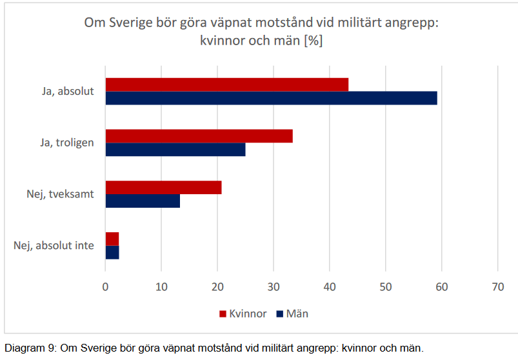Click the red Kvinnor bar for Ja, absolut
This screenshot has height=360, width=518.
(x=226, y=85)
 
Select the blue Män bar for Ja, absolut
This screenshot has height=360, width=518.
(x=271, y=98)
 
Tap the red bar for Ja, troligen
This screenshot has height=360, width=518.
(x=199, y=136)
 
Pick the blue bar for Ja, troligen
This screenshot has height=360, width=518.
(x=175, y=150)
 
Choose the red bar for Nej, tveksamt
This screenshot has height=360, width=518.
(x=163, y=188)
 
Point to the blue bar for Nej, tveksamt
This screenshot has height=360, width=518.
(x=143, y=201)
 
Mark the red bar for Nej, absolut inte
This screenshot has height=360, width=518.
(x=112, y=239)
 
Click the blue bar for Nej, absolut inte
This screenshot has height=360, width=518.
(x=112, y=252)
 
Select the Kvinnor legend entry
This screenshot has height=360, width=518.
(x=243, y=314)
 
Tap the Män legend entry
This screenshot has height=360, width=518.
(x=292, y=314)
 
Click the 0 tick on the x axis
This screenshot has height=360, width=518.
(x=106, y=287)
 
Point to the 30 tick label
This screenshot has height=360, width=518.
(x=274, y=287)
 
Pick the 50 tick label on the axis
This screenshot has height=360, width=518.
(x=385, y=287)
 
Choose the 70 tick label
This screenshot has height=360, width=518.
(x=497, y=287)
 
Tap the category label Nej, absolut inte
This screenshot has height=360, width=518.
(x=54, y=246)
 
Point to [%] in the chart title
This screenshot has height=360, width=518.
(x=314, y=40)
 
